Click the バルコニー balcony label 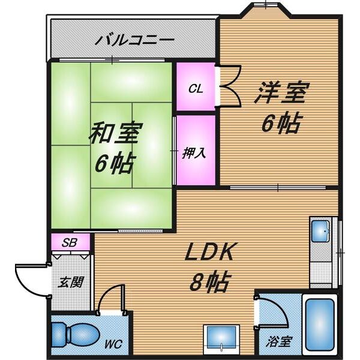pos(135,41)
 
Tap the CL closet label pos(196,89)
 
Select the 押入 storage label pos(194,151)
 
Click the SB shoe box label pos(70,242)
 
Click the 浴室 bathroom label pos(280,342)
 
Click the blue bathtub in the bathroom pos(320,324)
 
